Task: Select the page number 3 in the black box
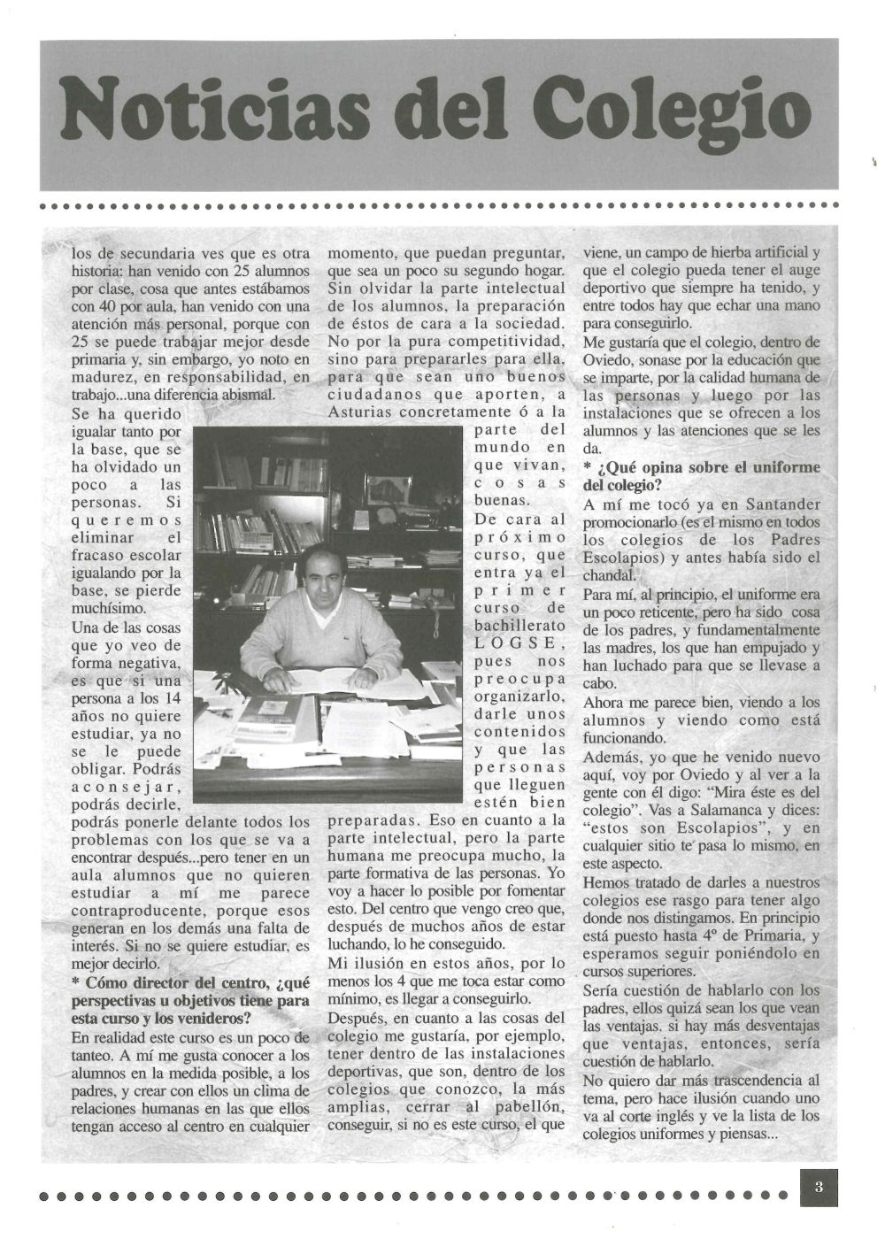click(x=819, y=1188)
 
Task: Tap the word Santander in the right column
click(x=779, y=504)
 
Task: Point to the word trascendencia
click(x=767, y=1080)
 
